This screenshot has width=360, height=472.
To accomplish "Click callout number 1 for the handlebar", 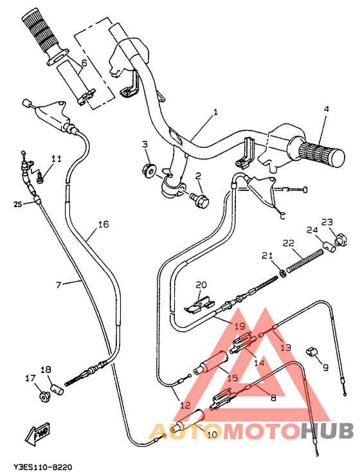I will click(215, 112).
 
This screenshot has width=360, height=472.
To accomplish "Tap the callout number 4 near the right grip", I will click(326, 109).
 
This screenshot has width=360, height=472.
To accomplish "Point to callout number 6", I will click(84, 63).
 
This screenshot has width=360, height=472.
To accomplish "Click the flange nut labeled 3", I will click(148, 170).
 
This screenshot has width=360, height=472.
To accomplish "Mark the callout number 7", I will click(59, 284).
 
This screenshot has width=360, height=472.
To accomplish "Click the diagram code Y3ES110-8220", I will click(42, 465).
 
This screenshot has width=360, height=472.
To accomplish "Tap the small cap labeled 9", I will click(313, 351).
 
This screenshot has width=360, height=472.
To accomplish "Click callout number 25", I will click(17, 204).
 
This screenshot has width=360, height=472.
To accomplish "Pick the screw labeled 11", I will click(40, 174).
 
